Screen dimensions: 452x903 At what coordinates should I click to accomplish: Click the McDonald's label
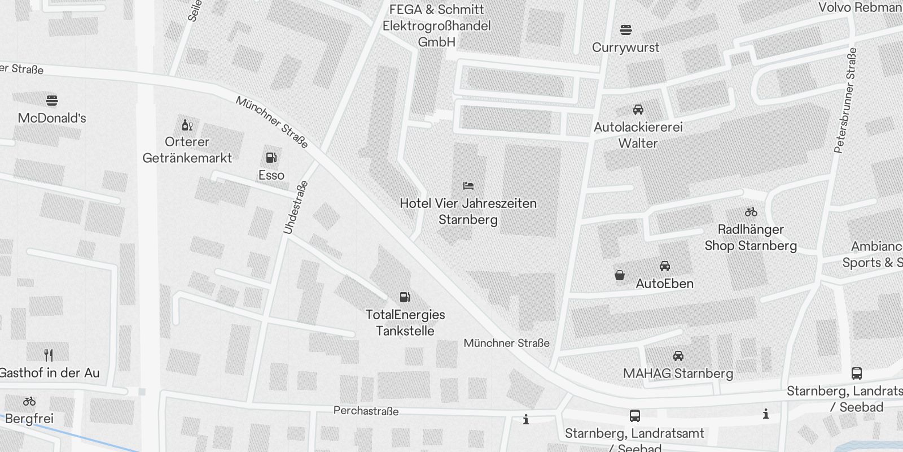[52, 118]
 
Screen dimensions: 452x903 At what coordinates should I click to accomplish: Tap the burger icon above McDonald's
[52, 101]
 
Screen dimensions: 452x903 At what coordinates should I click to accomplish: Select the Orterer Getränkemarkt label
[187, 150]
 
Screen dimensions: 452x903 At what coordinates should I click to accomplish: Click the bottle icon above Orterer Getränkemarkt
[187, 125]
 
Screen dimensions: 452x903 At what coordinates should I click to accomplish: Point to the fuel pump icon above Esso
[271, 158]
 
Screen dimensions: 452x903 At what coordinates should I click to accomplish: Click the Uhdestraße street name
[296, 207]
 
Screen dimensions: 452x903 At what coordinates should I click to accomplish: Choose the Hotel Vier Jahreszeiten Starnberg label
[468, 211]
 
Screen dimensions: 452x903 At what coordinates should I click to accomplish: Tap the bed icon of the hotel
[468, 185]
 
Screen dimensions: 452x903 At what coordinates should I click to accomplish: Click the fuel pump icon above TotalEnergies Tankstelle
[405, 297]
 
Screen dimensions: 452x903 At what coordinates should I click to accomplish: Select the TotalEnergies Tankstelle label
[405, 323]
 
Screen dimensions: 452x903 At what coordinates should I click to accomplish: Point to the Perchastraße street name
[366, 411]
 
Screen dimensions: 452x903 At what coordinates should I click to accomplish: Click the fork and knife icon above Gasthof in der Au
[49, 355]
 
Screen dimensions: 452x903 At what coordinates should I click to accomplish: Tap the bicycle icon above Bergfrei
[29, 401]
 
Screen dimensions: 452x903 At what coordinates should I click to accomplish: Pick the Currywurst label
[625, 47]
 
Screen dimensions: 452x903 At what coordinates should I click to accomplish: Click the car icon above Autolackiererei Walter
[638, 110]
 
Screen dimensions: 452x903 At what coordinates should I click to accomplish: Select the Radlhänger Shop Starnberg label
[751, 237]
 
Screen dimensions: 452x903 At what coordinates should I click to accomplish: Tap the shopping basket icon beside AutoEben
[620, 275]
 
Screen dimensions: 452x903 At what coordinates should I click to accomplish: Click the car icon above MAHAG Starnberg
[678, 356]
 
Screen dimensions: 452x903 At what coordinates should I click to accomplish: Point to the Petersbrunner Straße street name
[845, 100]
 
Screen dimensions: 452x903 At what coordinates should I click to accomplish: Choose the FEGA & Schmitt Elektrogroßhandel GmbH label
[436, 26]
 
